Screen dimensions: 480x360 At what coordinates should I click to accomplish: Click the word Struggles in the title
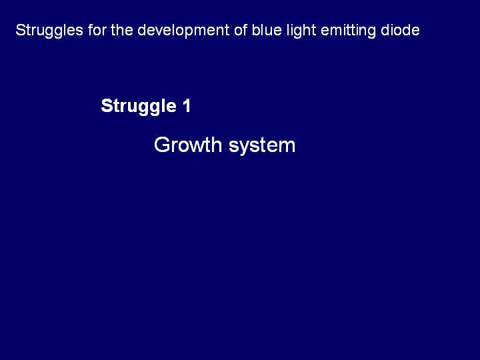click(x=49, y=31)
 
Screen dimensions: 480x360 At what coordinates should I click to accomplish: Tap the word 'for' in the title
click(x=97, y=30)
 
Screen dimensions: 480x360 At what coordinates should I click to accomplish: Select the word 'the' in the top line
click(x=122, y=30)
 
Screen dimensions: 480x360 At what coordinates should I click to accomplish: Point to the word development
click(x=184, y=31)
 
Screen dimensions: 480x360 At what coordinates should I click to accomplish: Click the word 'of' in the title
click(x=241, y=30)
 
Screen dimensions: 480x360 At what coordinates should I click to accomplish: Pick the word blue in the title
click(x=267, y=30)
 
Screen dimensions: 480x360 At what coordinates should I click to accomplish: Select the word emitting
click(x=348, y=31)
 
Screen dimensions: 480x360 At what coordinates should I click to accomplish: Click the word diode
click(x=400, y=30)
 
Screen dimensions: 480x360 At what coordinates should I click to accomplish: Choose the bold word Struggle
click(x=139, y=107)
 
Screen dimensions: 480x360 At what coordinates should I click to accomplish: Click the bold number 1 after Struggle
click(x=187, y=106)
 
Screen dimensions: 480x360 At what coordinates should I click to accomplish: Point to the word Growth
click(x=188, y=145)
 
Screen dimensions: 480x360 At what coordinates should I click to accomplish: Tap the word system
click(x=262, y=146)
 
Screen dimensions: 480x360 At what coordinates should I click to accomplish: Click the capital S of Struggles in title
click(x=20, y=30)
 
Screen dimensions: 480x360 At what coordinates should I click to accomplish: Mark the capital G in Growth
click(x=162, y=145)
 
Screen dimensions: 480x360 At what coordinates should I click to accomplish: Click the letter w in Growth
click(x=201, y=146)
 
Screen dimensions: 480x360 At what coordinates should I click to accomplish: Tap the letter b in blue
click(x=256, y=30)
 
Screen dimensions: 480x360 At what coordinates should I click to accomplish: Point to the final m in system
click(x=287, y=146)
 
